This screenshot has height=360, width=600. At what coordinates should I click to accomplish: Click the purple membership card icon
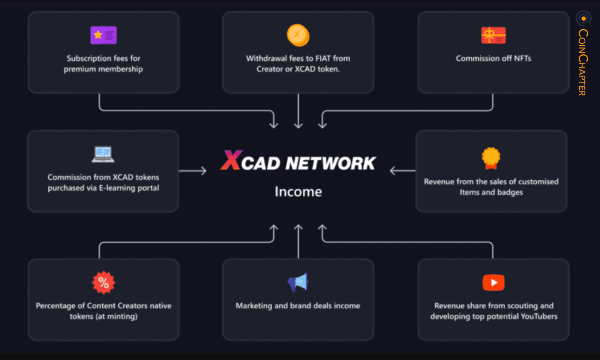[103, 35]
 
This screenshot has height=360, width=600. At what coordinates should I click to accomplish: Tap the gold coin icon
[298, 35]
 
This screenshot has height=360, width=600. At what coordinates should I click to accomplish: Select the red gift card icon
[493, 35]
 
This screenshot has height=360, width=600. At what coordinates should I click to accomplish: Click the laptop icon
[103, 154]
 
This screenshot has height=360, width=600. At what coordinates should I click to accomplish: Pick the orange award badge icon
[491, 158]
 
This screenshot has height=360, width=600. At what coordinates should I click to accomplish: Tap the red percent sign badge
[103, 282]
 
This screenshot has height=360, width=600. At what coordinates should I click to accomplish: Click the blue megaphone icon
[298, 282]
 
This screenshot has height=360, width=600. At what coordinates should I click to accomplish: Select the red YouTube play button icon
[493, 282]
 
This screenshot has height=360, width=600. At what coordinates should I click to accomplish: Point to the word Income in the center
[298, 192]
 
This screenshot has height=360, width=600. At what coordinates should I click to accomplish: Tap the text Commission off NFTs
[493, 58]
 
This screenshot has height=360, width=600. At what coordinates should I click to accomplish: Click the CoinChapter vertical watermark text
[583, 62]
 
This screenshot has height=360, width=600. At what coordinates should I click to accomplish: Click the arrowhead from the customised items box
[393, 171]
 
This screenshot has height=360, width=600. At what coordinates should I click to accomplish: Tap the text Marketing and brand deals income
[298, 306]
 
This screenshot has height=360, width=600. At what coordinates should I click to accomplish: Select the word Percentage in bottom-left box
[55, 306]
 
